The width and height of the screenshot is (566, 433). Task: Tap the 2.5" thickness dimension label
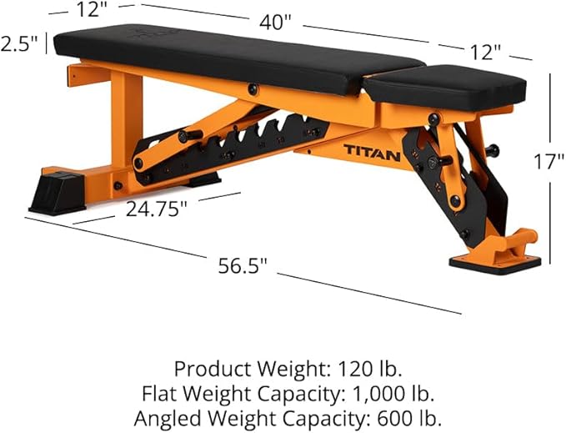pos(20,43)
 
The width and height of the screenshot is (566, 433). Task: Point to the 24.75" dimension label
pos(158,209)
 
